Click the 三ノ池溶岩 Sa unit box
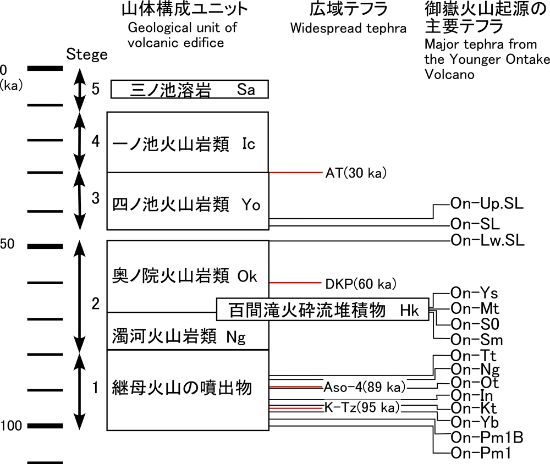[190, 89]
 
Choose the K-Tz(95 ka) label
[362, 408]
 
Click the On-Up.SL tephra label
[487, 204]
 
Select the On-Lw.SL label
[487, 240]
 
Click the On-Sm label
[476, 340]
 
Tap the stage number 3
[95, 198]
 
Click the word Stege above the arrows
[86, 55]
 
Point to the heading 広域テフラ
[348, 9]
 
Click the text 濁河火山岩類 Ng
[178, 336]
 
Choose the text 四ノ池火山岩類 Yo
[186, 204]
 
